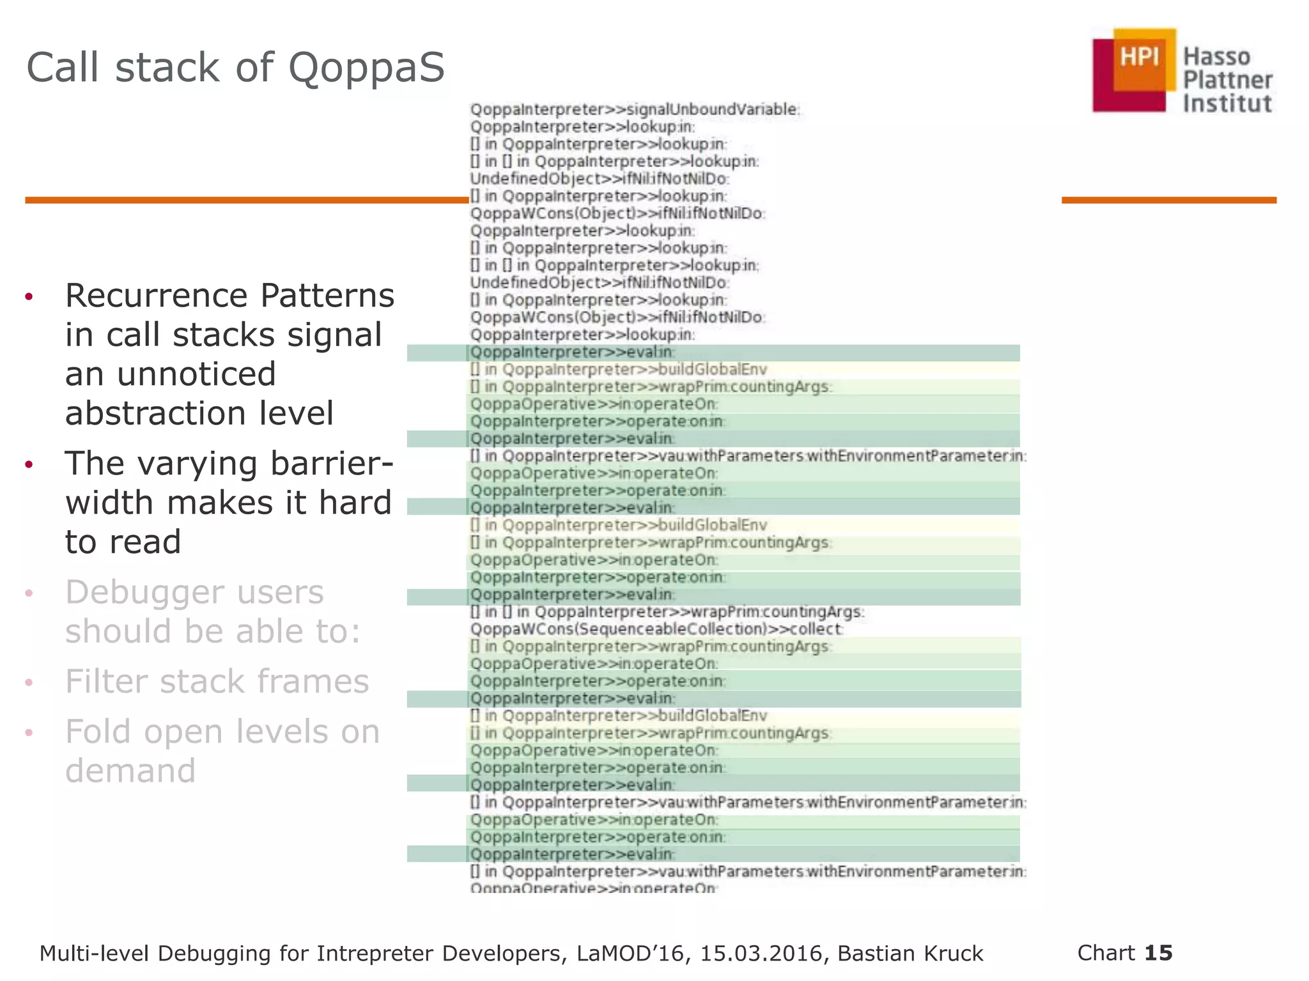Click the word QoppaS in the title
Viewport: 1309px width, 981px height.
point(366,68)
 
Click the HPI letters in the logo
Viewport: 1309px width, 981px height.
point(1139,57)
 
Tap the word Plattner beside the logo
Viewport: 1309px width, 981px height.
point(1227,80)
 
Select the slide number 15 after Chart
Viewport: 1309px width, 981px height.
point(1158,952)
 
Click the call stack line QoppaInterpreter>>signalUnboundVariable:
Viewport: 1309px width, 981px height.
point(635,109)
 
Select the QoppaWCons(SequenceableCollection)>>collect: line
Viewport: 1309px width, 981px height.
point(656,629)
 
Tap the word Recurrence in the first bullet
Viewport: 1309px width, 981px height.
point(157,296)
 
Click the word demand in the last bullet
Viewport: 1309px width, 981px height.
point(130,770)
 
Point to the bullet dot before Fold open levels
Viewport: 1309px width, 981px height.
point(29,732)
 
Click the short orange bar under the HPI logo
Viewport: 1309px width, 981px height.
point(1168,200)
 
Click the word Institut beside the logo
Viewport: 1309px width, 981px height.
point(1227,103)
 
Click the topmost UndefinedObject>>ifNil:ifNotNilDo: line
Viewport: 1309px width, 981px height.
point(600,179)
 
